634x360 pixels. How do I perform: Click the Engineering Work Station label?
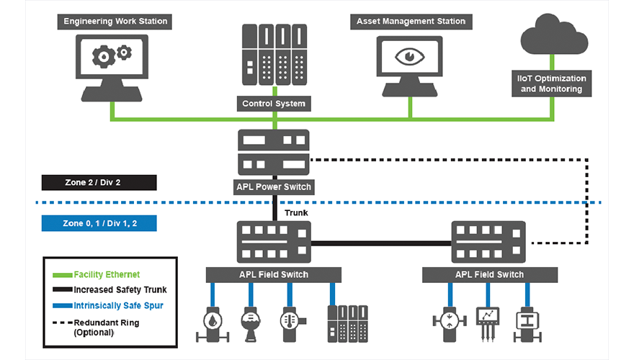pos(115,21)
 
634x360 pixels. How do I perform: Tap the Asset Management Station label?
pos(411,21)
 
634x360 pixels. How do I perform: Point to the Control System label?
pos(274,104)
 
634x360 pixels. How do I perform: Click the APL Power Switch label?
pos(274,187)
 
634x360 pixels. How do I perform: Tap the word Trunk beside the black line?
pos(296,213)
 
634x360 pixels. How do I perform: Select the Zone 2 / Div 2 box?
pos(98,183)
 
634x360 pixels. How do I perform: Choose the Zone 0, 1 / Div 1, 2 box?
pos(99,223)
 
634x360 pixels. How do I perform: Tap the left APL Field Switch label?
pos(274,274)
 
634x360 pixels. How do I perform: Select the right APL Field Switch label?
pos(489,274)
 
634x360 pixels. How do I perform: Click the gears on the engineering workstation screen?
pos(114,54)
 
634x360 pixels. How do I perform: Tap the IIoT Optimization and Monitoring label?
pos(552,84)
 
